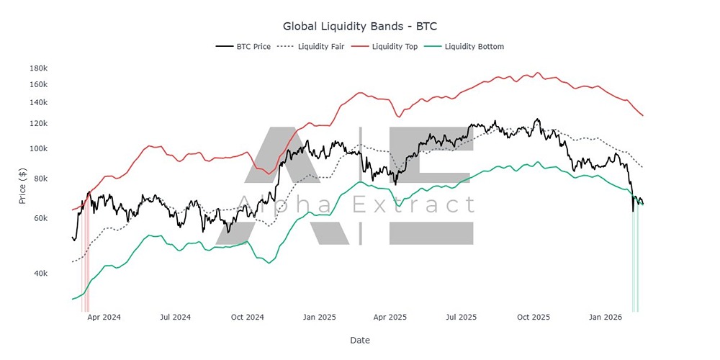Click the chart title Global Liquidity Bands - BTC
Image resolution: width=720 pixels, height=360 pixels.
(360, 26)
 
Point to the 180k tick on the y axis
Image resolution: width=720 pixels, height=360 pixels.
(38, 68)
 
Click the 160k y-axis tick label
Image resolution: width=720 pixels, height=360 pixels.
(38, 84)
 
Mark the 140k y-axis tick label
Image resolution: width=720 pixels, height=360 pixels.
(38, 102)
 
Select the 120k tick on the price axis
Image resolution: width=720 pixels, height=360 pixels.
(38, 123)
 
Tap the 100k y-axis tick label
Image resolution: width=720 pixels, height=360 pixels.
(38, 149)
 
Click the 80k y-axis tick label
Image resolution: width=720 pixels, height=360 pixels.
(40, 179)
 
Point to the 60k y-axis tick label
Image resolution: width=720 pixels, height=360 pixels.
(40, 218)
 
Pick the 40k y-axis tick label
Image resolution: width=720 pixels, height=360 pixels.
(40, 274)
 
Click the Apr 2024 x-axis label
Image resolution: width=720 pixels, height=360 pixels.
(104, 317)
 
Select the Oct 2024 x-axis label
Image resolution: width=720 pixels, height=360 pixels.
(247, 317)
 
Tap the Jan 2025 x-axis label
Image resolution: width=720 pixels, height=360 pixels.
(319, 317)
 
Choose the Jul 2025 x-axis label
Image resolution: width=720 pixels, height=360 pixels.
(462, 317)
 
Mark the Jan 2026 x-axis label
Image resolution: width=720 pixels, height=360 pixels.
(606, 317)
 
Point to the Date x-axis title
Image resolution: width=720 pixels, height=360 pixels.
(360, 340)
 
